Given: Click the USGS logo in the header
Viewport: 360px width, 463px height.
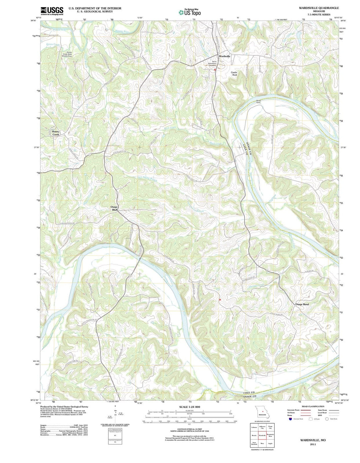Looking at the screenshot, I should (52, 11).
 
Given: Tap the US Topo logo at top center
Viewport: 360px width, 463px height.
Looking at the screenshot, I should (190, 12).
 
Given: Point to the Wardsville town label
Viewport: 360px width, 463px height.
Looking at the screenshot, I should (224, 56).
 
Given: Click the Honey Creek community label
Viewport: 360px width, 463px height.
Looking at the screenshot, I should (55, 133).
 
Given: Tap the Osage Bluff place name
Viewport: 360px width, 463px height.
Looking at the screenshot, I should (114, 208).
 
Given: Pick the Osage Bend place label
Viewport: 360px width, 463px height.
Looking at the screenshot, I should (302, 304).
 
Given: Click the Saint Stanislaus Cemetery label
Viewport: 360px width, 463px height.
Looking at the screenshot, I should (212, 63).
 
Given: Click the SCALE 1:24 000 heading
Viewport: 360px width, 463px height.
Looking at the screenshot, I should (189, 407).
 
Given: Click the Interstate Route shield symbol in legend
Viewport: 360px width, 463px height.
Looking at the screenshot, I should (290, 419).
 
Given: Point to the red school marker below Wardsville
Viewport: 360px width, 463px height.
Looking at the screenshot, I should (215, 70).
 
